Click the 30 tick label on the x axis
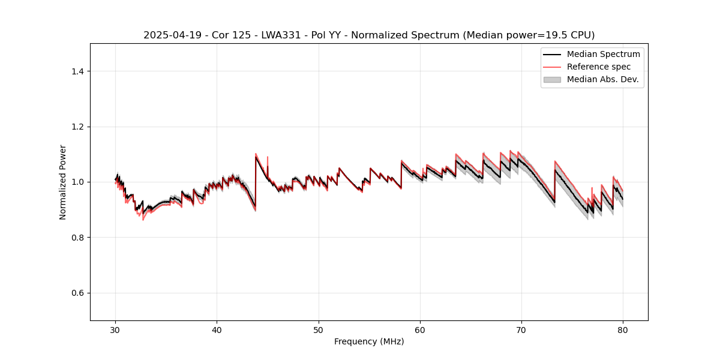[x=116, y=330]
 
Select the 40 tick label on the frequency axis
[x=217, y=330]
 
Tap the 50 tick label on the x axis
[x=319, y=330]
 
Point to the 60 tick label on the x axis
[x=420, y=330]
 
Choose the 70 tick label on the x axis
[x=521, y=330]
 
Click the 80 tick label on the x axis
[x=623, y=330]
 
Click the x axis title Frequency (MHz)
[x=369, y=341]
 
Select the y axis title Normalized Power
[x=63, y=182]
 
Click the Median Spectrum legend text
[x=603, y=54]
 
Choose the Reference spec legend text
[x=598, y=67]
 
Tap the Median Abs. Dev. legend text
[x=602, y=79]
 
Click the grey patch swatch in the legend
[x=552, y=79]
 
